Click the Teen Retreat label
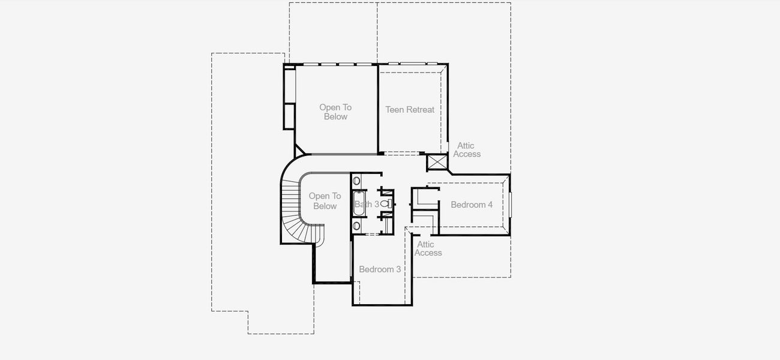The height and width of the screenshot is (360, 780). click(410, 110)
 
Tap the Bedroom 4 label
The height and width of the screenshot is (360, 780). click(472, 205)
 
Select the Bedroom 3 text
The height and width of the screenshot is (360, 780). click(380, 269)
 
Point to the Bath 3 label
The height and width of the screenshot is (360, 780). click(367, 204)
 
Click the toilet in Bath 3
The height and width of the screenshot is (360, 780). click(386, 204)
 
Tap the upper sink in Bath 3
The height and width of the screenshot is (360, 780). click(356, 181)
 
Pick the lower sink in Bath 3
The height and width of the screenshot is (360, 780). click(356, 226)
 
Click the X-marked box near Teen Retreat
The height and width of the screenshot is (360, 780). click(437, 162)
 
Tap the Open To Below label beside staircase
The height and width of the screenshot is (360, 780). click(325, 201)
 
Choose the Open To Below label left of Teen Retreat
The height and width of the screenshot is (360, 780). click(335, 112)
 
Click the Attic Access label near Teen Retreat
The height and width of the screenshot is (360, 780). click(467, 149)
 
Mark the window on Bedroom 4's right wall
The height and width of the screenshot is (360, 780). click(510, 204)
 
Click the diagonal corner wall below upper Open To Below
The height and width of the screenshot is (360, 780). click(301, 150)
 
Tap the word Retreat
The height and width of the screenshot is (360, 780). click(421, 110)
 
